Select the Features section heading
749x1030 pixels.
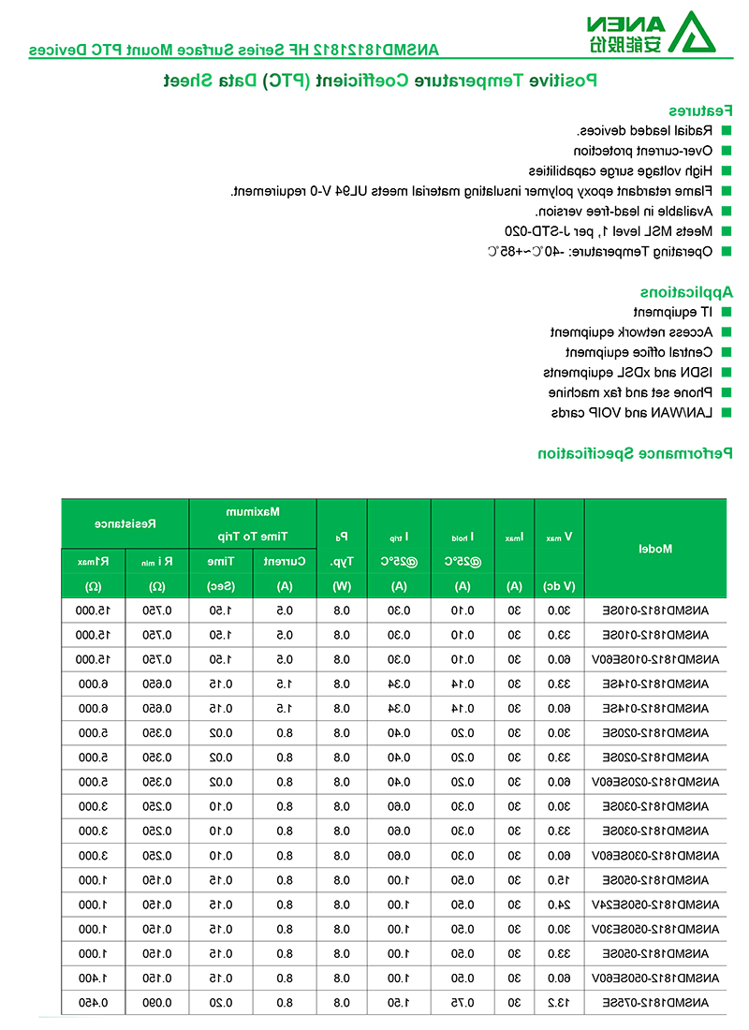[700, 110]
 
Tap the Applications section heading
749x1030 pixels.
[686, 291]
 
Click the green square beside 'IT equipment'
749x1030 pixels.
[726, 312]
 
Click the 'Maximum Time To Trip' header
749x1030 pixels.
[253, 524]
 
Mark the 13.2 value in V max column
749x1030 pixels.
[559, 1003]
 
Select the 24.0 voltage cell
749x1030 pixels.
[559, 905]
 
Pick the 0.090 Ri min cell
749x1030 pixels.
[156, 1003]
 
